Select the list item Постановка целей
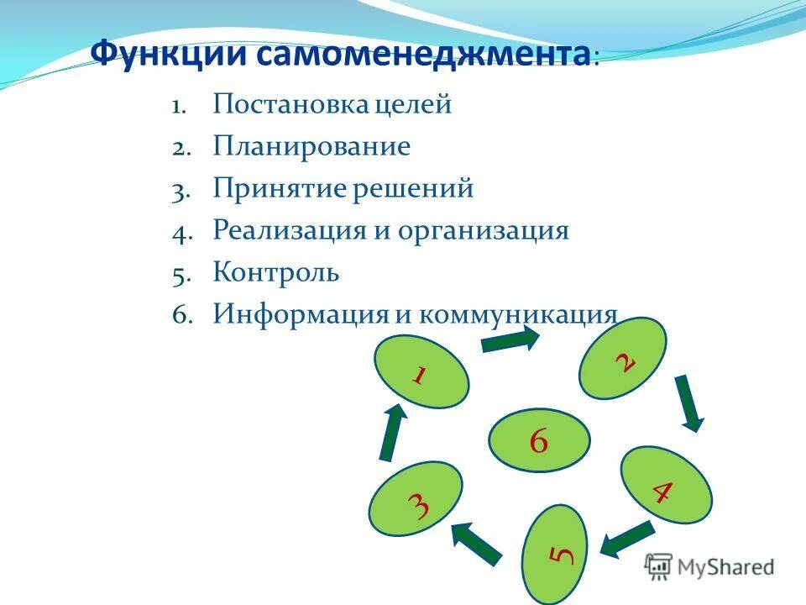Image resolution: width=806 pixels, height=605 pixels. click(x=332, y=105)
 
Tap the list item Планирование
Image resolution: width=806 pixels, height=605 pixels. click(x=311, y=147)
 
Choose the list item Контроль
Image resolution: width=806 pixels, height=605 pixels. click(x=275, y=272)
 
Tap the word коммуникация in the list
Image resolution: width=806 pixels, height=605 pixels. click(x=518, y=314)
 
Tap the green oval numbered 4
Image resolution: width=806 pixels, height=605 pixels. click(x=666, y=487)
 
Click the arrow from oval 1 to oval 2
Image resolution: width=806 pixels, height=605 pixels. click(x=510, y=339)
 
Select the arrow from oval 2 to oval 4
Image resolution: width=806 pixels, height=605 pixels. click(x=690, y=402)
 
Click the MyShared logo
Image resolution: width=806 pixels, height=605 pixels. click(x=709, y=566)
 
